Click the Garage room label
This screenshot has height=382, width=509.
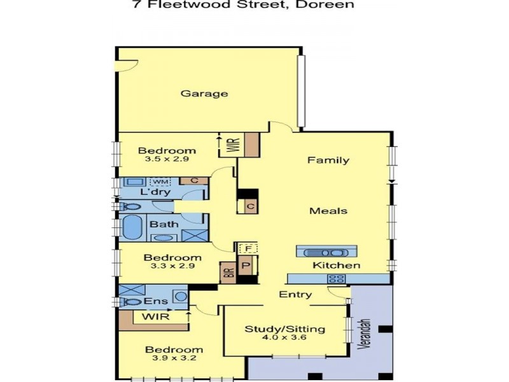[x=204, y=94]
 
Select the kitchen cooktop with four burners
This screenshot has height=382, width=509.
[x=335, y=278]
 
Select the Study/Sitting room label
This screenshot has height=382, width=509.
[x=285, y=329]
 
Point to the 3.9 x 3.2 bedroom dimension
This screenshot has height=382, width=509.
[x=174, y=359]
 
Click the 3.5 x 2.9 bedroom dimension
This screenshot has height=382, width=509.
[x=167, y=160]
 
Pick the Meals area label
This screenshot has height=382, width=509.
[x=328, y=211]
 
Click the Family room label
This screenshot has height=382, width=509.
[x=328, y=160]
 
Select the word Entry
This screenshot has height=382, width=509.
[x=296, y=294]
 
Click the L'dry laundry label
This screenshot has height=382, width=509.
[x=153, y=192]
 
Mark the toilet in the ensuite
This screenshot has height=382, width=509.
[x=131, y=302]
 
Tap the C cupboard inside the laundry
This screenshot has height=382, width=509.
[x=194, y=181]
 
